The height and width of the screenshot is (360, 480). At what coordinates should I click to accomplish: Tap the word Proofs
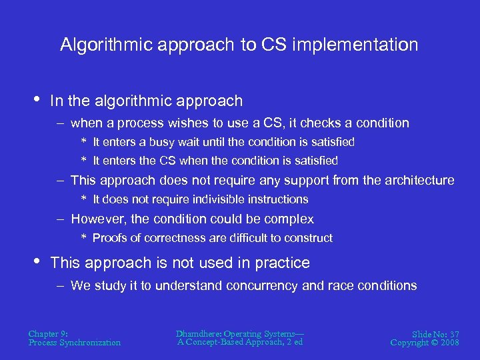109,238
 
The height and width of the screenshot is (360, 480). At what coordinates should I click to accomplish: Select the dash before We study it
61,286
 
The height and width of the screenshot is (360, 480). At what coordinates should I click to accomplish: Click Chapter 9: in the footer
48,333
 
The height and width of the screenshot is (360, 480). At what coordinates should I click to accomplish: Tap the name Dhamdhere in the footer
199,333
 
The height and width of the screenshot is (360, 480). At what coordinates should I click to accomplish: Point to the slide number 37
453,333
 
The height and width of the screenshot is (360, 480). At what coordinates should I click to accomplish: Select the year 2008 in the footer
451,343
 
